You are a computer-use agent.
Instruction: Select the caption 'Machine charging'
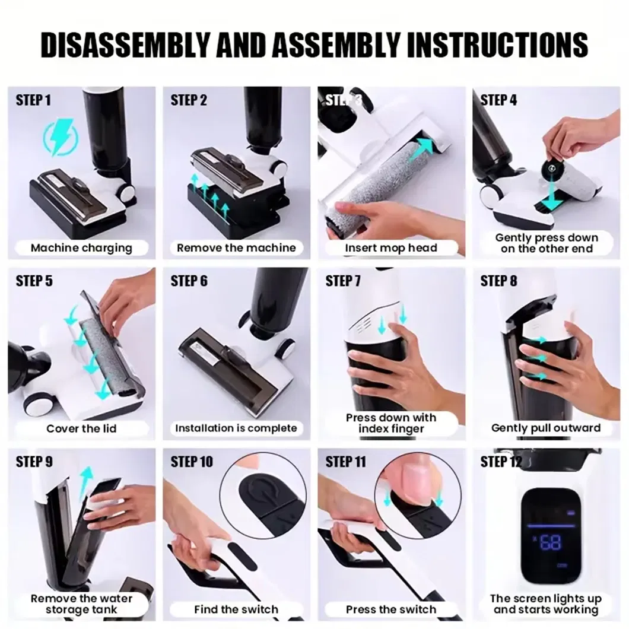(81, 247)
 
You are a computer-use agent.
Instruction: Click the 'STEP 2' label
(189, 100)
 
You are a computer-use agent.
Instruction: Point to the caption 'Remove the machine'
(236, 247)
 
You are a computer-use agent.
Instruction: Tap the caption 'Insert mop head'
(391, 248)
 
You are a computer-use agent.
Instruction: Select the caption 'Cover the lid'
(81, 428)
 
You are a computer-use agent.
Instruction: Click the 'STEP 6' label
(189, 281)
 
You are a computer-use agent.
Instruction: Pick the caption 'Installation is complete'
(236, 428)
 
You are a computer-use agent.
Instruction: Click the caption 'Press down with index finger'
(391, 422)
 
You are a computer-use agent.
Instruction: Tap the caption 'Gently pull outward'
(546, 428)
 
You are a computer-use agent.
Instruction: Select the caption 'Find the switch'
(236, 609)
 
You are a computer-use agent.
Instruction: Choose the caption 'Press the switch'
(391, 609)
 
